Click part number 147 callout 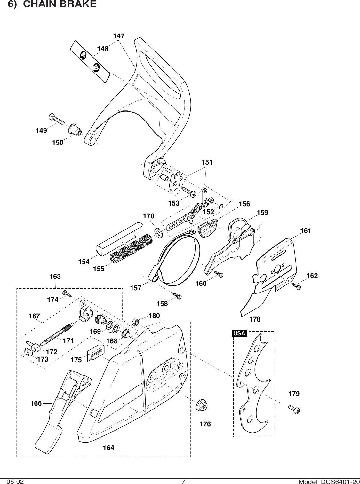(x=119, y=36)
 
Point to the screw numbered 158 (x=177, y=295)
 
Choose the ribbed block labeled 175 (x=95, y=354)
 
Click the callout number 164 (x=108, y=448)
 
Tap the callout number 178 (x=255, y=319)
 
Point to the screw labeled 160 (x=219, y=274)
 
